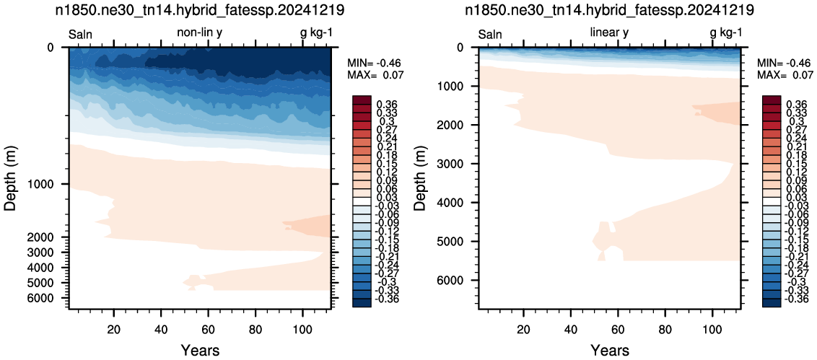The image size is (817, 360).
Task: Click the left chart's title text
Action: pyautogui.click(x=200, y=10)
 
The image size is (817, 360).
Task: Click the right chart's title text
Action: pyautogui.click(x=609, y=10)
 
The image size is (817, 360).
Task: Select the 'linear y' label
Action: pyautogui.click(x=609, y=32)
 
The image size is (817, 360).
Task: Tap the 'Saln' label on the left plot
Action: pyautogui.click(x=81, y=35)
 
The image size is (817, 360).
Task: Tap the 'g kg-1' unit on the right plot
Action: pyautogui.click(x=726, y=33)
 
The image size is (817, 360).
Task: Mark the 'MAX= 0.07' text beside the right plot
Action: pyautogui.click(x=785, y=75)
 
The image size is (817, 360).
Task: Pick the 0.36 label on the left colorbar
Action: pyautogui.click(x=387, y=104)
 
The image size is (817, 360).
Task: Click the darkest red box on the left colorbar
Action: pyautogui.click(x=361, y=100)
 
